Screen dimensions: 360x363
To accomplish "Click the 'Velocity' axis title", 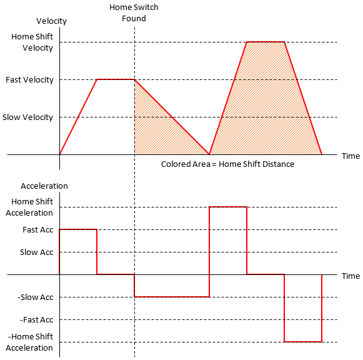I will coord(51,21).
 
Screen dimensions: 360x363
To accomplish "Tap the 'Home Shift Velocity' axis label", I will coord(32,42).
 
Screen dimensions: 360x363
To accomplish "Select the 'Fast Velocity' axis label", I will coord(29,80).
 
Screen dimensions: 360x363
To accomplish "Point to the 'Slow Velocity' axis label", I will coord(28,117).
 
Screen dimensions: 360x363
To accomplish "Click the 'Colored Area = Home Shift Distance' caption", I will coord(227,164).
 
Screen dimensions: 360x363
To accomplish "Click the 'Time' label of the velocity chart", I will coord(351,156).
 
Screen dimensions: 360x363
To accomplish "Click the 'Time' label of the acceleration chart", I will coord(351,276).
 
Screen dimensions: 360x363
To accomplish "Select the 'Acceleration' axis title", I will coord(44,186).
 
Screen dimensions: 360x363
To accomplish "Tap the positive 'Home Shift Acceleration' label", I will coord(32,207).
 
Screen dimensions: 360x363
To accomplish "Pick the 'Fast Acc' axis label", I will coord(38,230).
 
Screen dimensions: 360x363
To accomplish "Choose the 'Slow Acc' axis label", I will coord(37,252).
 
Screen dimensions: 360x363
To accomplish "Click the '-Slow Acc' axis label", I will coord(36,297).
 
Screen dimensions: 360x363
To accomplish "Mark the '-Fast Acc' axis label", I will coord(36,320).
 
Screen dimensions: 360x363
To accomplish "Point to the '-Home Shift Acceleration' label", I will coord(31,342).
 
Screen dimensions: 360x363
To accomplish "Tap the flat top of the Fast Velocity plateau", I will coord(116,79).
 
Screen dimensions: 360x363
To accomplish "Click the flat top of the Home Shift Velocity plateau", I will coord(266,42).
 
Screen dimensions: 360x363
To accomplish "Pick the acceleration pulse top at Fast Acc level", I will coord(78,229).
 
